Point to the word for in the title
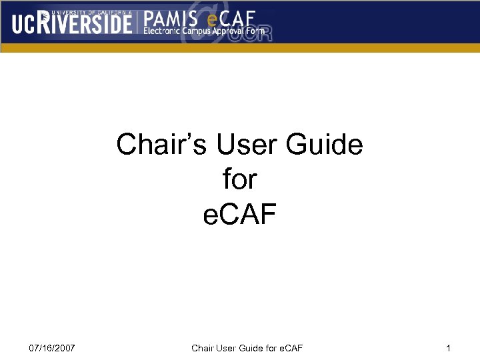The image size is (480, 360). (239, 179)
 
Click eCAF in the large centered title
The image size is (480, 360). (239, 215)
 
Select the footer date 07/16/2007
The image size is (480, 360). (52, 349)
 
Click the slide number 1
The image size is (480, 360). (449, 349)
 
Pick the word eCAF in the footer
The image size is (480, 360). (291, 349)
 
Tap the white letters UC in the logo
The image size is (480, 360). (23, 24)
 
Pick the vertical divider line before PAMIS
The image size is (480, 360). (138, 23)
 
